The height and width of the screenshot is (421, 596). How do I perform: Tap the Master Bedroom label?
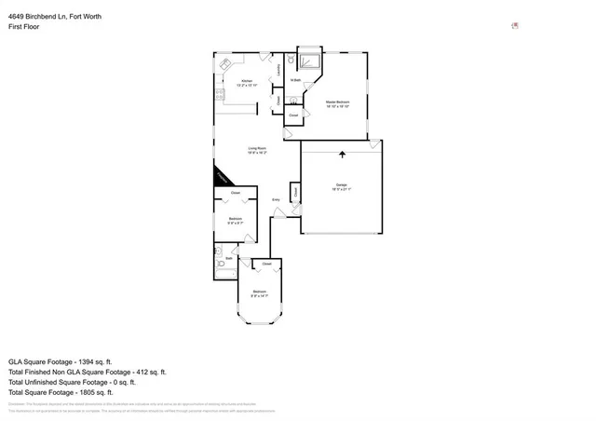(x=336, y=103)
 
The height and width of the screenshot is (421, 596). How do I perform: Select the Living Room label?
(x=257, y=150)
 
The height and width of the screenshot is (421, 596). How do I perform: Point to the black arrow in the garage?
(x=342, y=156)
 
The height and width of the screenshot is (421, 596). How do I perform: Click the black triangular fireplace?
(x=221, y=178)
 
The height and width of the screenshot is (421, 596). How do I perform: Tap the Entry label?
(x=276, y=200)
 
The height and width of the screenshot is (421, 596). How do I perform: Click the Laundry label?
(x=278, y=69)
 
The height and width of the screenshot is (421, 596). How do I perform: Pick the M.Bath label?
(x=294, y=81)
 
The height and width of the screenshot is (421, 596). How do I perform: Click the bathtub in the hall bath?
(x=222, y=265)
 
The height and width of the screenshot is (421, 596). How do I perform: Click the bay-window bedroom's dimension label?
(x=259, y=296)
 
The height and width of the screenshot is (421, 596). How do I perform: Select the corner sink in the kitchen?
(x=225, y=63)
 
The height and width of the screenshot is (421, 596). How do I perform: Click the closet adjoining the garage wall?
(x=294, y=193)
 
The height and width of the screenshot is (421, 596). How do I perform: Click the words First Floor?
(x=25, y=27)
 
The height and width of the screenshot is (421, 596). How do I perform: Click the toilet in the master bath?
(x=291, y=60)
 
